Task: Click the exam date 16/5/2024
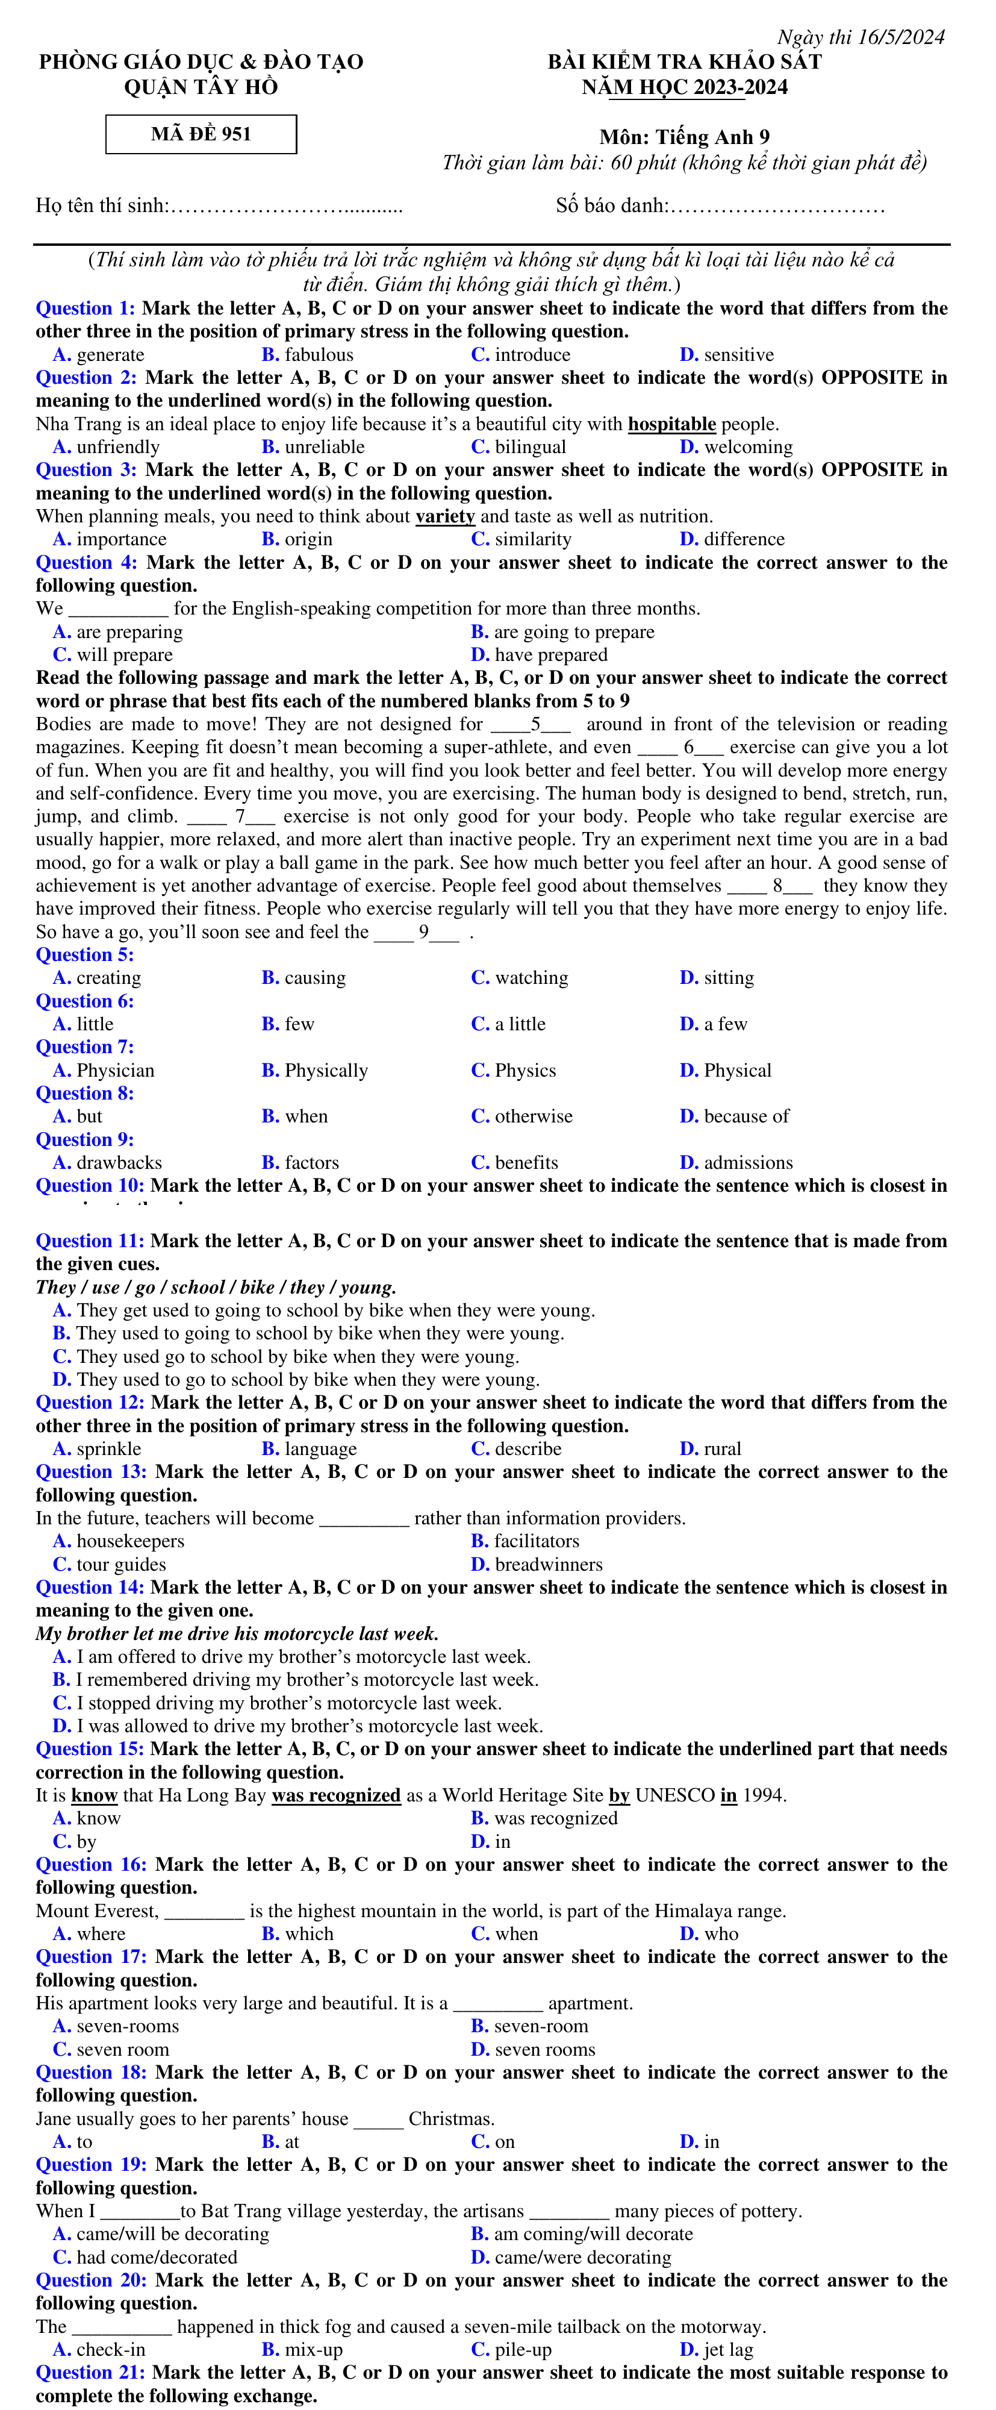click(x=900, y=37)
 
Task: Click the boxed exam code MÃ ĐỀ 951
click(x=201, y=134)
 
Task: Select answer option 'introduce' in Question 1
click(x=531, y=355)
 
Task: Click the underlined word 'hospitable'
click(x=671, y=424)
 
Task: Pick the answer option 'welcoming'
click(x=747, y=447)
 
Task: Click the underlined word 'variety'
click(x=444, y=516)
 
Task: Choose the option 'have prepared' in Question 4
click(x=550, y=655)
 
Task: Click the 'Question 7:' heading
click(x=84, y=1047)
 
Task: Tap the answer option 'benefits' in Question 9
click(x=526, y=1163)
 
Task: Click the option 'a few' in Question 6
click(x=725, y=1024)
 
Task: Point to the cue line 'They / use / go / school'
click(x=215, y=1288)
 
